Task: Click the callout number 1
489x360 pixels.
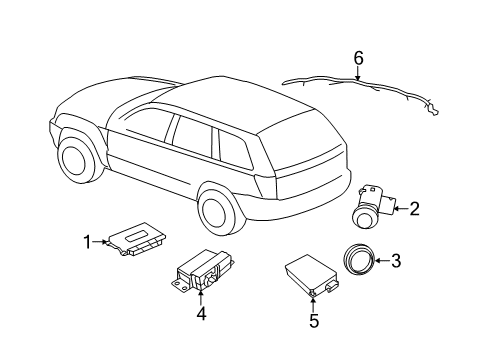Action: click(x=87, y=240)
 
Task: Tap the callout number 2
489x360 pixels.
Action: click(x=414, y=208)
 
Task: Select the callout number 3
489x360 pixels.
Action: click(x=396, y=262)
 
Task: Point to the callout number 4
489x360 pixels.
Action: click(x=201, y=313)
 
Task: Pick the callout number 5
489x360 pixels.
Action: click(x=313, y=321)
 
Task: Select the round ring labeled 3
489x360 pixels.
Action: click(x=357, y=262)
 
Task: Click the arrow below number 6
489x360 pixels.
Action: click(x=358, y=77)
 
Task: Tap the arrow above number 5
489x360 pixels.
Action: click(x=313, y=303)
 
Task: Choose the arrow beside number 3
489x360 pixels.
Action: click(x=382, y=262)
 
